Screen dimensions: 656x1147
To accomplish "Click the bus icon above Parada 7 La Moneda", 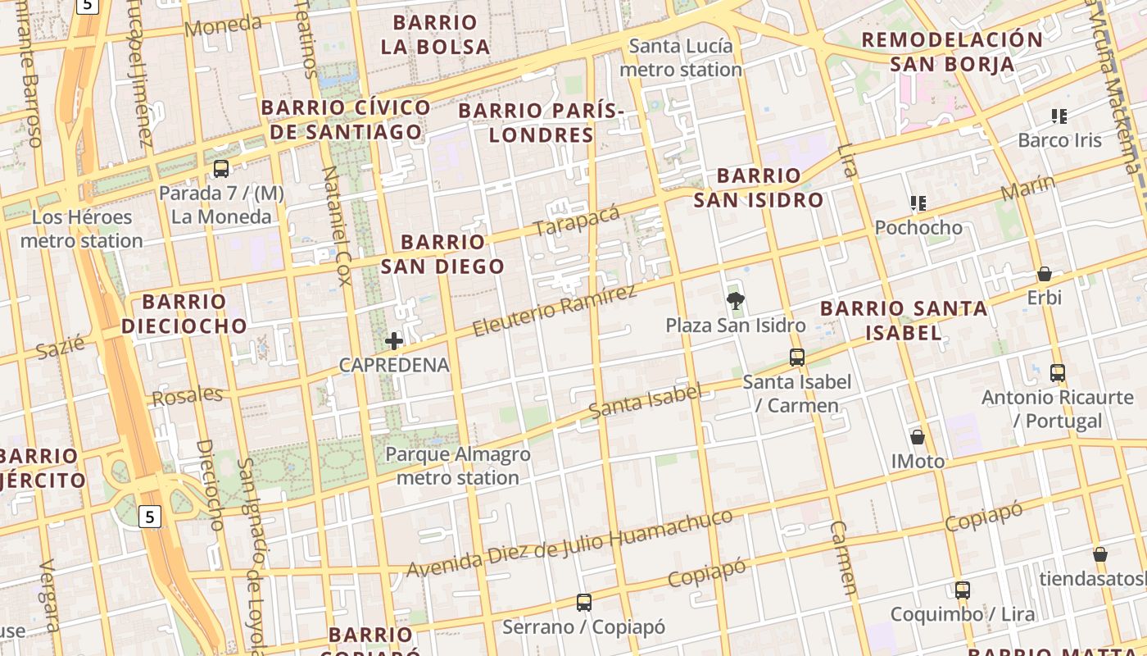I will [x=220, y=169].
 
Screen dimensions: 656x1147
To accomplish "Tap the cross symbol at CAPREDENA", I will [x=394, y=341].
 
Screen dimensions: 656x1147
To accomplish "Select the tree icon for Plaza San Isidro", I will [x=736, y=302].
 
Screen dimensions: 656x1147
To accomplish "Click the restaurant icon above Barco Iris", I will [x=1059, y=116].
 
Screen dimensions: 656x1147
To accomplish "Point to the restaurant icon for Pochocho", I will [x=918, y=203].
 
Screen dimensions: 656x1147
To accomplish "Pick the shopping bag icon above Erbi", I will [x=1045, y=274].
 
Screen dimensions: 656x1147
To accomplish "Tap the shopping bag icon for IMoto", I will [x=918, y=437].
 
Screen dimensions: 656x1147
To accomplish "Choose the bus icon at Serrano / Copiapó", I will [x=583, y=603].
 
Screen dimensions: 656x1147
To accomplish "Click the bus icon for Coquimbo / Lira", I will [x=963, y=590].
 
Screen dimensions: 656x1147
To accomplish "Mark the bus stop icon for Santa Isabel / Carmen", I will [x=797, y=358].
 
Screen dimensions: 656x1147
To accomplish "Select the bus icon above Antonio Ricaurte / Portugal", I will [x=1058, y=373].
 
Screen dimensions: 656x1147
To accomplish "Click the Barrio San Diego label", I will [x=443, y=254].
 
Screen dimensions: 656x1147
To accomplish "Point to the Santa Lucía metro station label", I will [x=681, y=57].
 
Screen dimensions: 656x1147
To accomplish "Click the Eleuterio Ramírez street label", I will [x=555, y=311].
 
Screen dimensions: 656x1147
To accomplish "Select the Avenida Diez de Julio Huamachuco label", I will [x=569, y=543].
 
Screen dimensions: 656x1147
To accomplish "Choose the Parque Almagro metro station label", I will [x=457, y=466].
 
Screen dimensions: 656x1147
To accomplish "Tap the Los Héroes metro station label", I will [x=81, y=229].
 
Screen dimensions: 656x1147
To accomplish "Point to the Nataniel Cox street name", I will [x=337, y=225].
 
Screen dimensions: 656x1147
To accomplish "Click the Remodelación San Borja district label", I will [x=952, y=52].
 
